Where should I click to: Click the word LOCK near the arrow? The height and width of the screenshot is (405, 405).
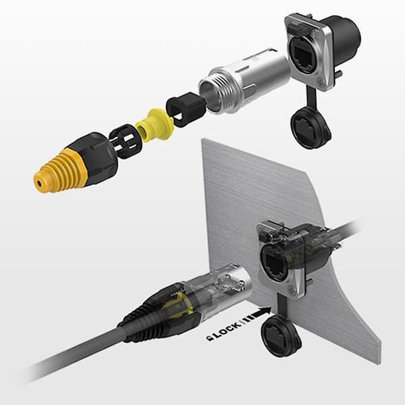(227, 331)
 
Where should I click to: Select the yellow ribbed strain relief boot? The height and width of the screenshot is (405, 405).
(59, 171)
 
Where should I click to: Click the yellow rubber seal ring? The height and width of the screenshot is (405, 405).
(155, 124)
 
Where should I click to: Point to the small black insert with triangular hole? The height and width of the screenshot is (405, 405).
(186, 109)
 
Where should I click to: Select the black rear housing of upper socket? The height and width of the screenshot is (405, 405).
(344, 38)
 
